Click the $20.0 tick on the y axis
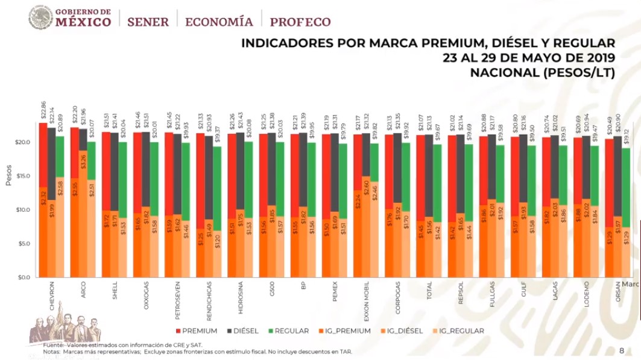pyautogui.click(x=22, y=143)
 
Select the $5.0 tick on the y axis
pyautogui.click(x=24, y=244)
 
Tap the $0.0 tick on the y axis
pyautogui.click(x=24, y=278)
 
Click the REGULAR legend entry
pyautogui.click(x=290, y=330)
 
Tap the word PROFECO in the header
pyautogui.click(x=300, y=22)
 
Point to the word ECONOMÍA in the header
pyautogui.click(x=219, y=22)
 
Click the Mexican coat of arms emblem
pyautogui.click(x=40, y=17)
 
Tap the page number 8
pyautogui.click(x=622, y=350)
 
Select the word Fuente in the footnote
pyautogui.click(x=55, y=344)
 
